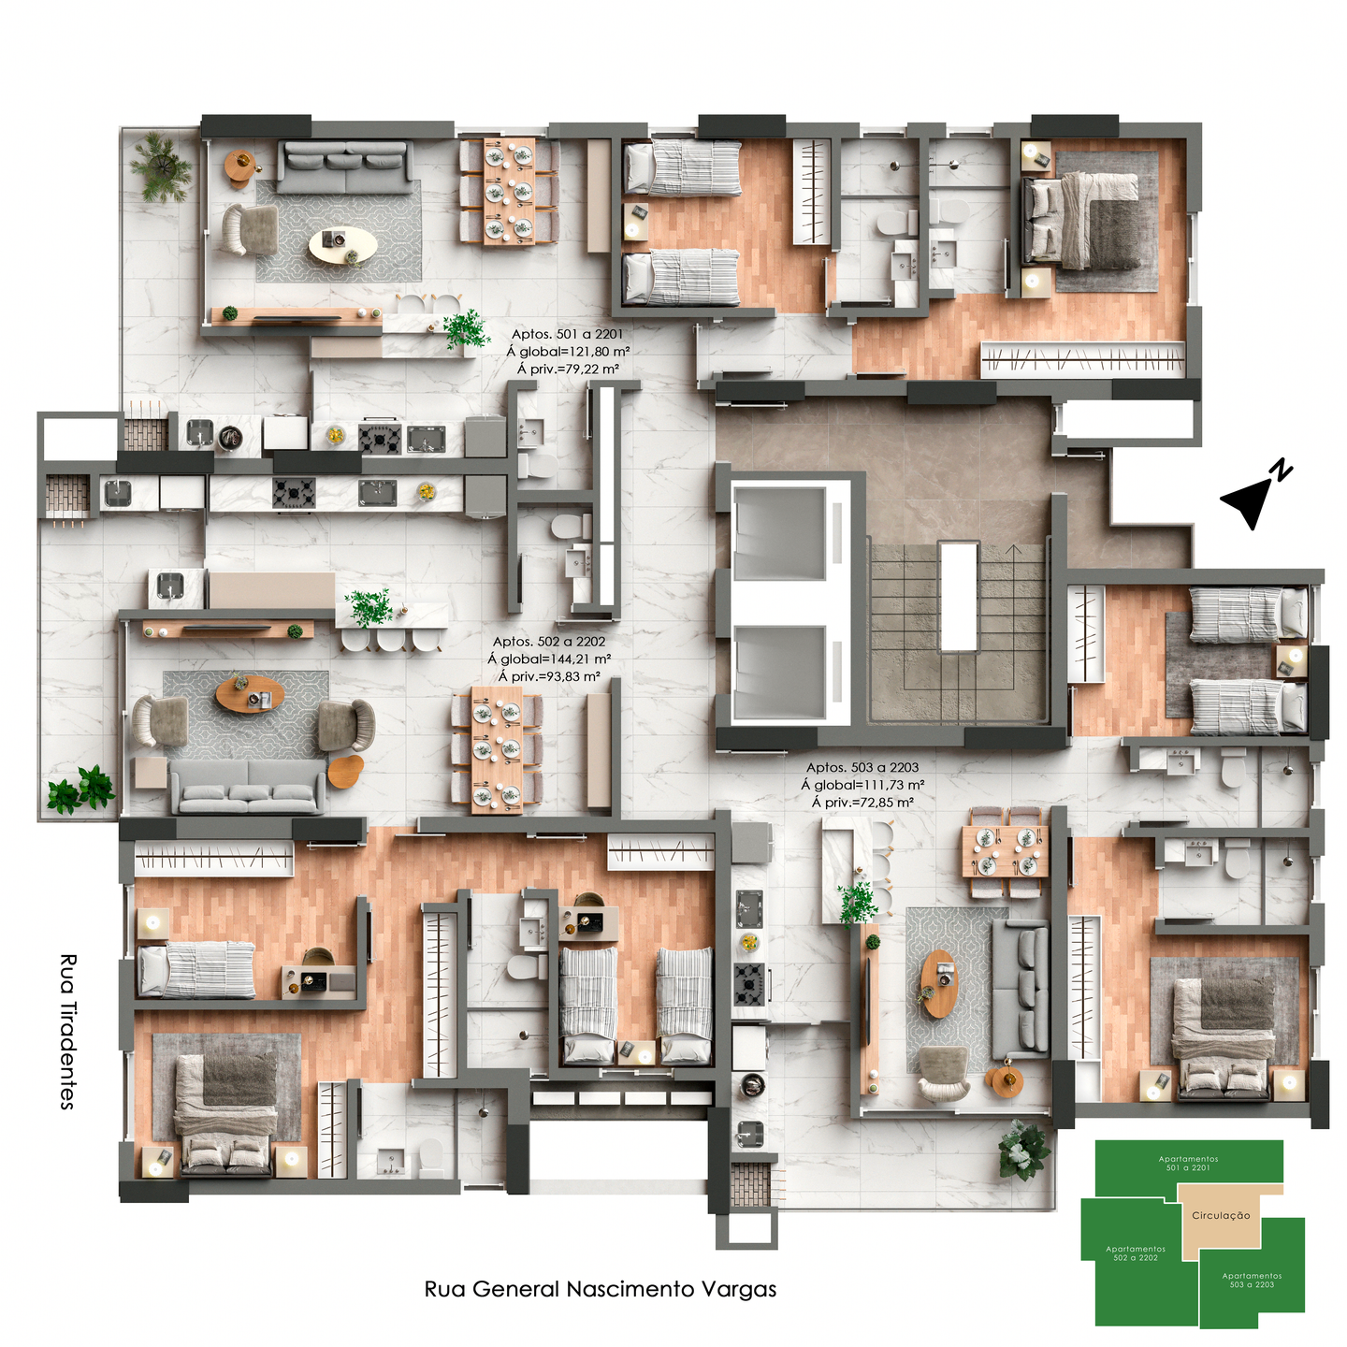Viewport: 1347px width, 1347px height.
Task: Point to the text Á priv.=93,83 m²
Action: coord(549,676)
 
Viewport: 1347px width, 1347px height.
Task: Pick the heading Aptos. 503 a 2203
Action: coord(862,767)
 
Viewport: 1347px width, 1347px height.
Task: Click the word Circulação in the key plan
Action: coord(1221,1215)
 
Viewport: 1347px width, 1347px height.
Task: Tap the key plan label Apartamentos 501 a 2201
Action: coord(1188,1163)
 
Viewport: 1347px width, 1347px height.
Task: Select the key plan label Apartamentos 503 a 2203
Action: coord(1252,1280)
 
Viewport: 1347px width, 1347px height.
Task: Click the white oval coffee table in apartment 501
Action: coord(343,245)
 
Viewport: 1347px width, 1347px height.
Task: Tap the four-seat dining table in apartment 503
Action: coord(1006,850)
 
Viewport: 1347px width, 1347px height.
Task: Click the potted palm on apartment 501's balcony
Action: coord(162,167)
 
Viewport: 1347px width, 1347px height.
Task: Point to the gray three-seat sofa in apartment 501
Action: coord(345,167)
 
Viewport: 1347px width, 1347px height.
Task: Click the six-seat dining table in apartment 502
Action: coord(497,749)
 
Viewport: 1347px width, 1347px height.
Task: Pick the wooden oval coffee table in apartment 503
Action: coord(937,983)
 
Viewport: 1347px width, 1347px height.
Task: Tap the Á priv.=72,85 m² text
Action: coord(862,803)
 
